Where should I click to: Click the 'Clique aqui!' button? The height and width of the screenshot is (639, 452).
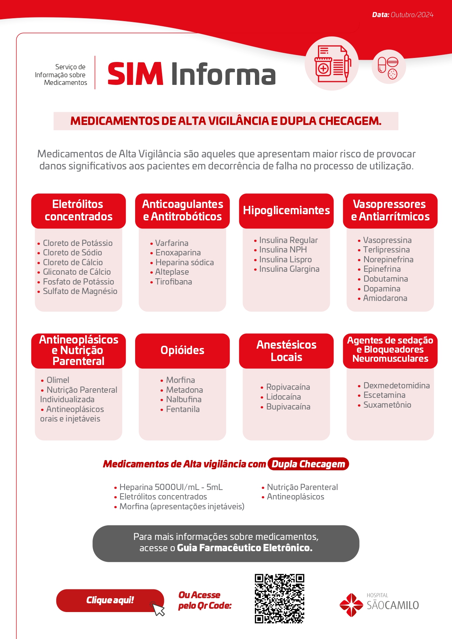coord(110,600)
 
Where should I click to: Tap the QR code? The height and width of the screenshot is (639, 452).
coord(279,599)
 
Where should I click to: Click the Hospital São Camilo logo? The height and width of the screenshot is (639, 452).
coord(379,604)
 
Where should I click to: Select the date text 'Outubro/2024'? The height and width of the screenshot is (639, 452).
coord(412,15)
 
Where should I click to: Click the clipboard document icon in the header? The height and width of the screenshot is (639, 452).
coord(332,64)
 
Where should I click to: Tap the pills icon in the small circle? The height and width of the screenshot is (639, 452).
coord(388,67)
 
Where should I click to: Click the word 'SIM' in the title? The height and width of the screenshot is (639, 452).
coord(135,74)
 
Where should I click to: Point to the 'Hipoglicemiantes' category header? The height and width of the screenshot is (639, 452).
coord(286,211)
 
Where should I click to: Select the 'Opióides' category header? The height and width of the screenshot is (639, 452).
coord(182,350)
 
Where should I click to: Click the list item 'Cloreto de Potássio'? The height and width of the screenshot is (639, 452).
coord(78,243)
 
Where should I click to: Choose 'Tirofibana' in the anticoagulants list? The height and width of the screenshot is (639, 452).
coord(173,282)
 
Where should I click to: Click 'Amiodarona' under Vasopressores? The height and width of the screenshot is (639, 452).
coord(385,298)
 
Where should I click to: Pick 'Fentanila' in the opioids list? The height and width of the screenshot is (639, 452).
coord(183,409)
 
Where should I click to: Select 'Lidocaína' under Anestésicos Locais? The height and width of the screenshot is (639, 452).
coord(283,397)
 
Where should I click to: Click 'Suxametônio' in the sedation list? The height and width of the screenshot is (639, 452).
coord(387,405)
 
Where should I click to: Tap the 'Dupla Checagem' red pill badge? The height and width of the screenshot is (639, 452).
coord(308,464)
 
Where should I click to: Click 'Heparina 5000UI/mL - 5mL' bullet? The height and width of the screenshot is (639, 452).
coord(171,487)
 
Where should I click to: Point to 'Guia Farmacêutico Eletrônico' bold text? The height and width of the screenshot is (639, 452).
coord(244,548)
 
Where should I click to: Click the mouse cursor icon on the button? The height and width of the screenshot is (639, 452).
coord(158,608)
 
